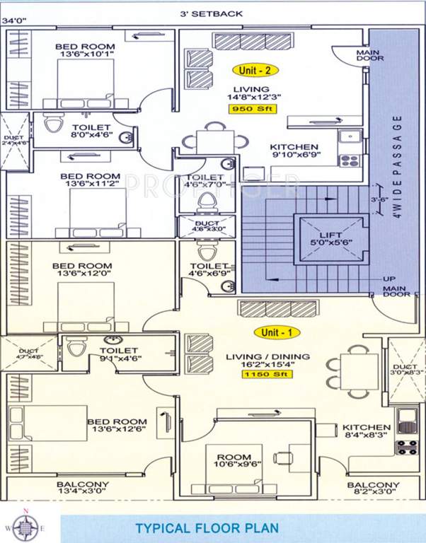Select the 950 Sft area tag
252,109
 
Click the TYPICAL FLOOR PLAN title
207,527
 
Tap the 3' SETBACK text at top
212,14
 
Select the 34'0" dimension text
14,21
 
